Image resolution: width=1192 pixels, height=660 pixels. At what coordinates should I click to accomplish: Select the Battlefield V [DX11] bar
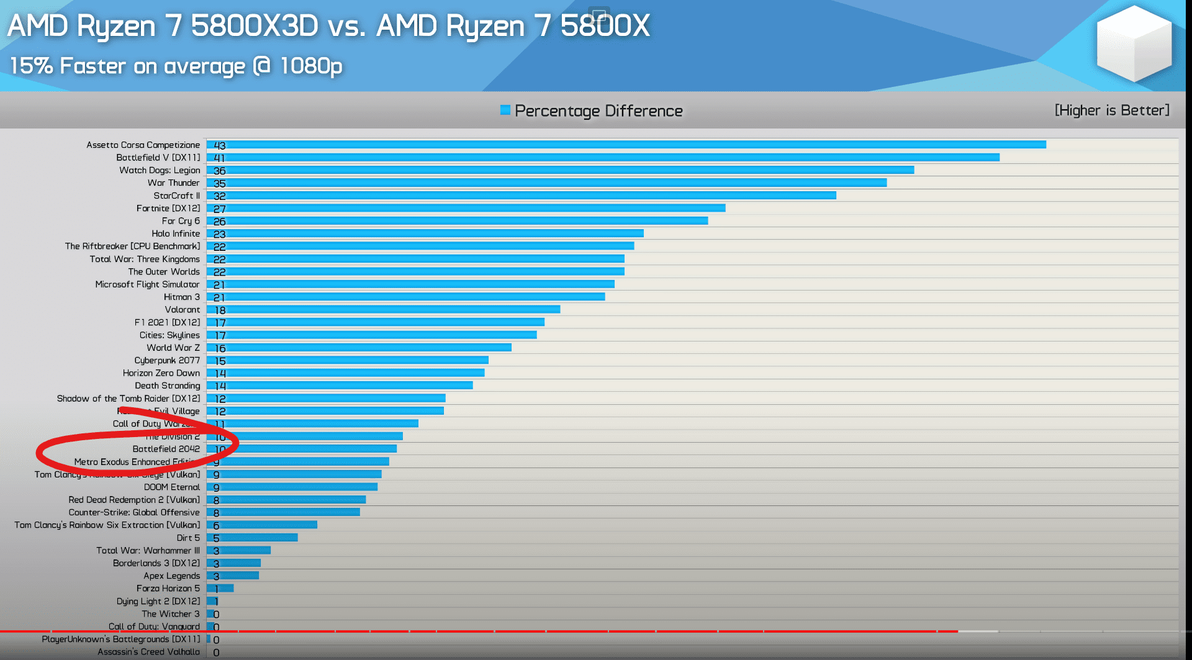click(x=602, y=158)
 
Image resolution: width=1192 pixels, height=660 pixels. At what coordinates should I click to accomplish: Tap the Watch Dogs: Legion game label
click(x=160, y=170)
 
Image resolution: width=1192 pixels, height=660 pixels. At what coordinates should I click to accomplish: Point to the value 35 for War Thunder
click(x=220, y=183)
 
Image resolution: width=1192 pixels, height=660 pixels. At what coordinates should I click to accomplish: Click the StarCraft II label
click(x=176, y=196)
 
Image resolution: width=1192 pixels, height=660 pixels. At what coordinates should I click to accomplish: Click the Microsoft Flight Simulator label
click(x=147, y=284)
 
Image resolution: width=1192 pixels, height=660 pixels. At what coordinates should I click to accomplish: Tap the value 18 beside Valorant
click(x=220, y=310)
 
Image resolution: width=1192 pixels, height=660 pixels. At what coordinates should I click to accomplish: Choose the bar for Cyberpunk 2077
click(x=348, y=360)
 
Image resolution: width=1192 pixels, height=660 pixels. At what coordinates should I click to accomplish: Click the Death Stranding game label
click(x=167, y=386)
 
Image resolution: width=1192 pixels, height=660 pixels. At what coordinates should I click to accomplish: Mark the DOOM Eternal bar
click(x=292, y=487)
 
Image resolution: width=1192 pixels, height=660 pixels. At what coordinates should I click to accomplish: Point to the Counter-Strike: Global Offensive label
click(x=134, y=512)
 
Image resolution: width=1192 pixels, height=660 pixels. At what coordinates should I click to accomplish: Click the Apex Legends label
click(x=171, y=576)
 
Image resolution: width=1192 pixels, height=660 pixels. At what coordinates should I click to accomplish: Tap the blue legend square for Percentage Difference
click(x=505, y=111)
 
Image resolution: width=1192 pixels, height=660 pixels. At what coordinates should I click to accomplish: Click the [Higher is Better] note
click(x=1111, y=111)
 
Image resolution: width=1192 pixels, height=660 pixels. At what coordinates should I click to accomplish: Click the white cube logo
click(x=1134, y=43)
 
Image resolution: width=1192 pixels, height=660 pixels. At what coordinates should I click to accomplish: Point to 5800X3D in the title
click(x=255, y=26)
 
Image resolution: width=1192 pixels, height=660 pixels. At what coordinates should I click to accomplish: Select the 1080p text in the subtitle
click(x=311, y=66)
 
